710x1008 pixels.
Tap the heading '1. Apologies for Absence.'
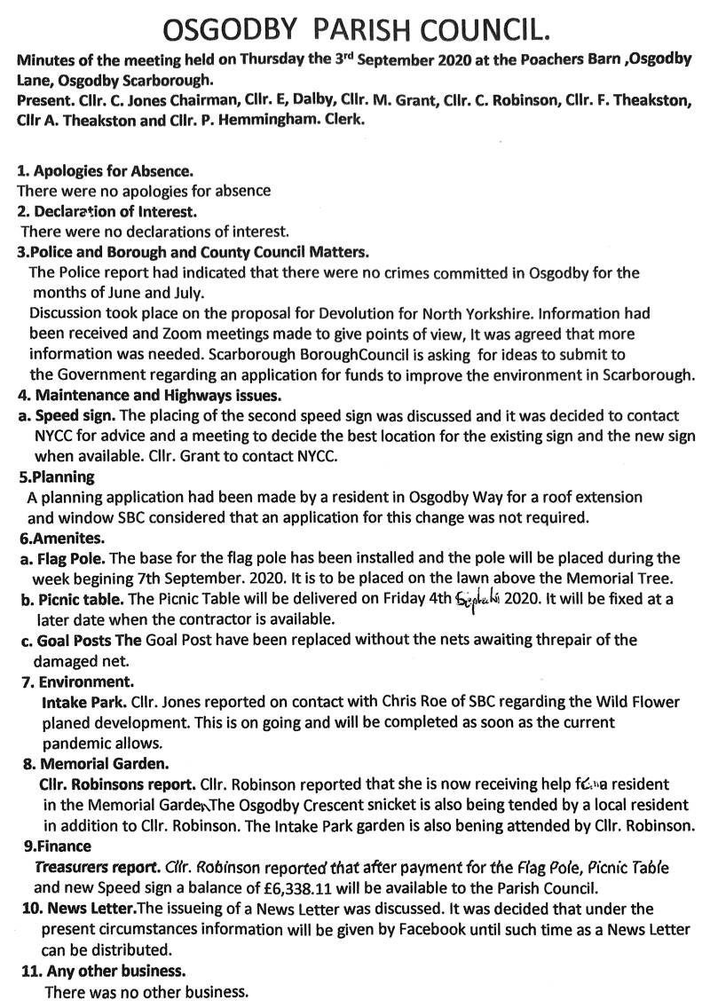tap(106, 170)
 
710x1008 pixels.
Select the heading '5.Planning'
tap(57, 476)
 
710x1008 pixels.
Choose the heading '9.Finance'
tap(57, 847)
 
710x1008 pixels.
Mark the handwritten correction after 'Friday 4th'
tap(478, 599)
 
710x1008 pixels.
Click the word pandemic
tap(75, 743)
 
